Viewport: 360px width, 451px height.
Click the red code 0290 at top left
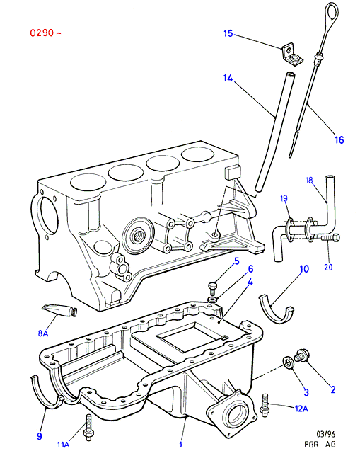(42, 33)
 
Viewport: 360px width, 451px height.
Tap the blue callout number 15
(228, 33)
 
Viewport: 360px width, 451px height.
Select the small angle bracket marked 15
(291, 54)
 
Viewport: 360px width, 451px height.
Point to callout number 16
(339, 139)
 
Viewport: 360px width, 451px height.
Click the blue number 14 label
(228, 78)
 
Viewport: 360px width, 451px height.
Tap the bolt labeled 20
(330, 238)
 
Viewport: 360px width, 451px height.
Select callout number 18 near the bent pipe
(309, 181)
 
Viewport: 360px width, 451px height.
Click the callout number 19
(284, 198)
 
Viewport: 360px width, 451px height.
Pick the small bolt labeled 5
(213, 287)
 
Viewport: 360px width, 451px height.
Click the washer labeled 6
(212, 299)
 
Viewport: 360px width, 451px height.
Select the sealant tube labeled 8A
(60, 310)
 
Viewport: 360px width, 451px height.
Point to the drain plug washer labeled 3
(288, 362)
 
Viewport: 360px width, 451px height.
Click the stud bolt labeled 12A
(264, 405)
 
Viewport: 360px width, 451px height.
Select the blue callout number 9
(40, 436)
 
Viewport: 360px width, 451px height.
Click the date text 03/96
(325, 434)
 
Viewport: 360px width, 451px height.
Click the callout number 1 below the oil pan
(181, 444)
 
